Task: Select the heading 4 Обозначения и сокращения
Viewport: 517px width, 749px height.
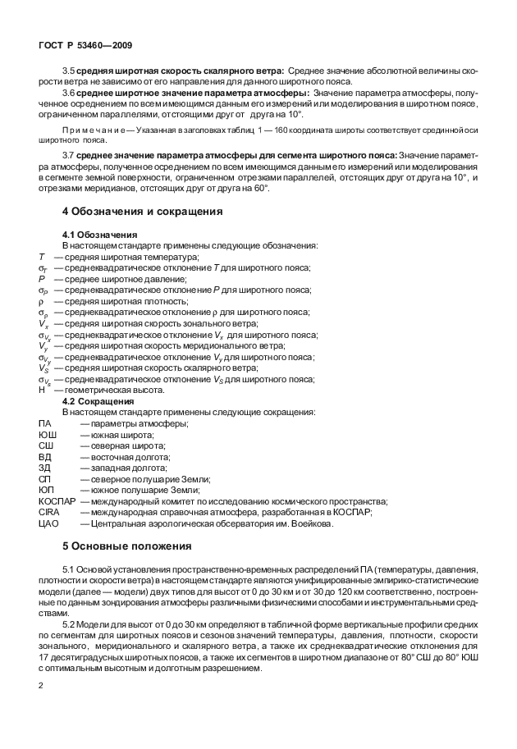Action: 143,212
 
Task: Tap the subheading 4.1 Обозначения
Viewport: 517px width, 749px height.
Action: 100,235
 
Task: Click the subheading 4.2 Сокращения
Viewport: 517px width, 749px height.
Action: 99,401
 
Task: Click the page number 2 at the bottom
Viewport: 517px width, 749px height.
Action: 41,684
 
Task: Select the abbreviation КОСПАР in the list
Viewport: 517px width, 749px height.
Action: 57,501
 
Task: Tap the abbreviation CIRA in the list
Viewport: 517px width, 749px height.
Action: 48,512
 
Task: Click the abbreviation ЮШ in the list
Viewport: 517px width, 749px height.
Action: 47,434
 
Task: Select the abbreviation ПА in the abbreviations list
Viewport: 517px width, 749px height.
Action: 45,423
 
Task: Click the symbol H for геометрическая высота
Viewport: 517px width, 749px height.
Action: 42,390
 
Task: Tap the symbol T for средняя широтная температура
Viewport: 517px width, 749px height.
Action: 41,257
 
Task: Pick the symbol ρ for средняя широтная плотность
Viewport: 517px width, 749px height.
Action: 41,301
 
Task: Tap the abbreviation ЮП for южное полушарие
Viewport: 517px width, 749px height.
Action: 46,490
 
